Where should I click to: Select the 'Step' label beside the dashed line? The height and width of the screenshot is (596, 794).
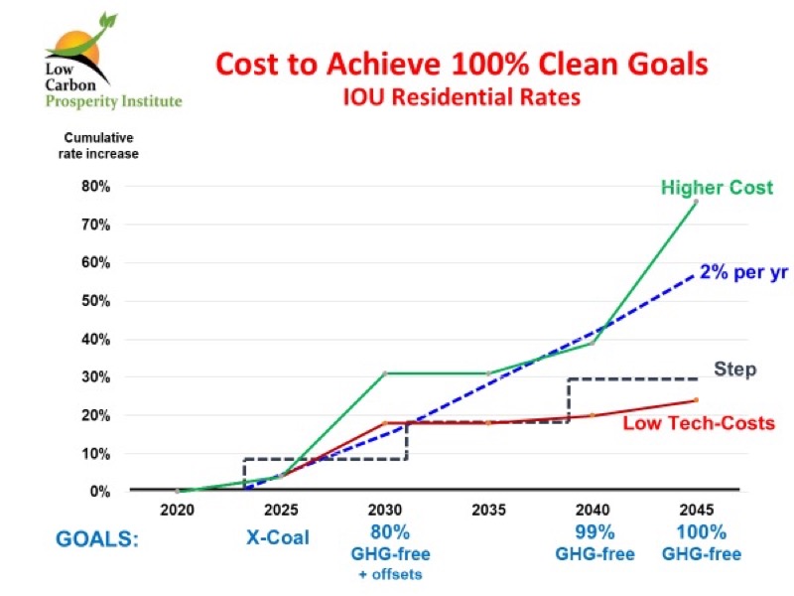735,370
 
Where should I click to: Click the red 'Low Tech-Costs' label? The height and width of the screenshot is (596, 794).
698,424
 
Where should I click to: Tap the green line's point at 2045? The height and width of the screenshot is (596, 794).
696,202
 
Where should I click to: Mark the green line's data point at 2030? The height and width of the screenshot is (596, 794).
385,373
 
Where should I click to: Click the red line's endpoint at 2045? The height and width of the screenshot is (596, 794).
696,400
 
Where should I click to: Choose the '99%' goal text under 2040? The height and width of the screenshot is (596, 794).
593,531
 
